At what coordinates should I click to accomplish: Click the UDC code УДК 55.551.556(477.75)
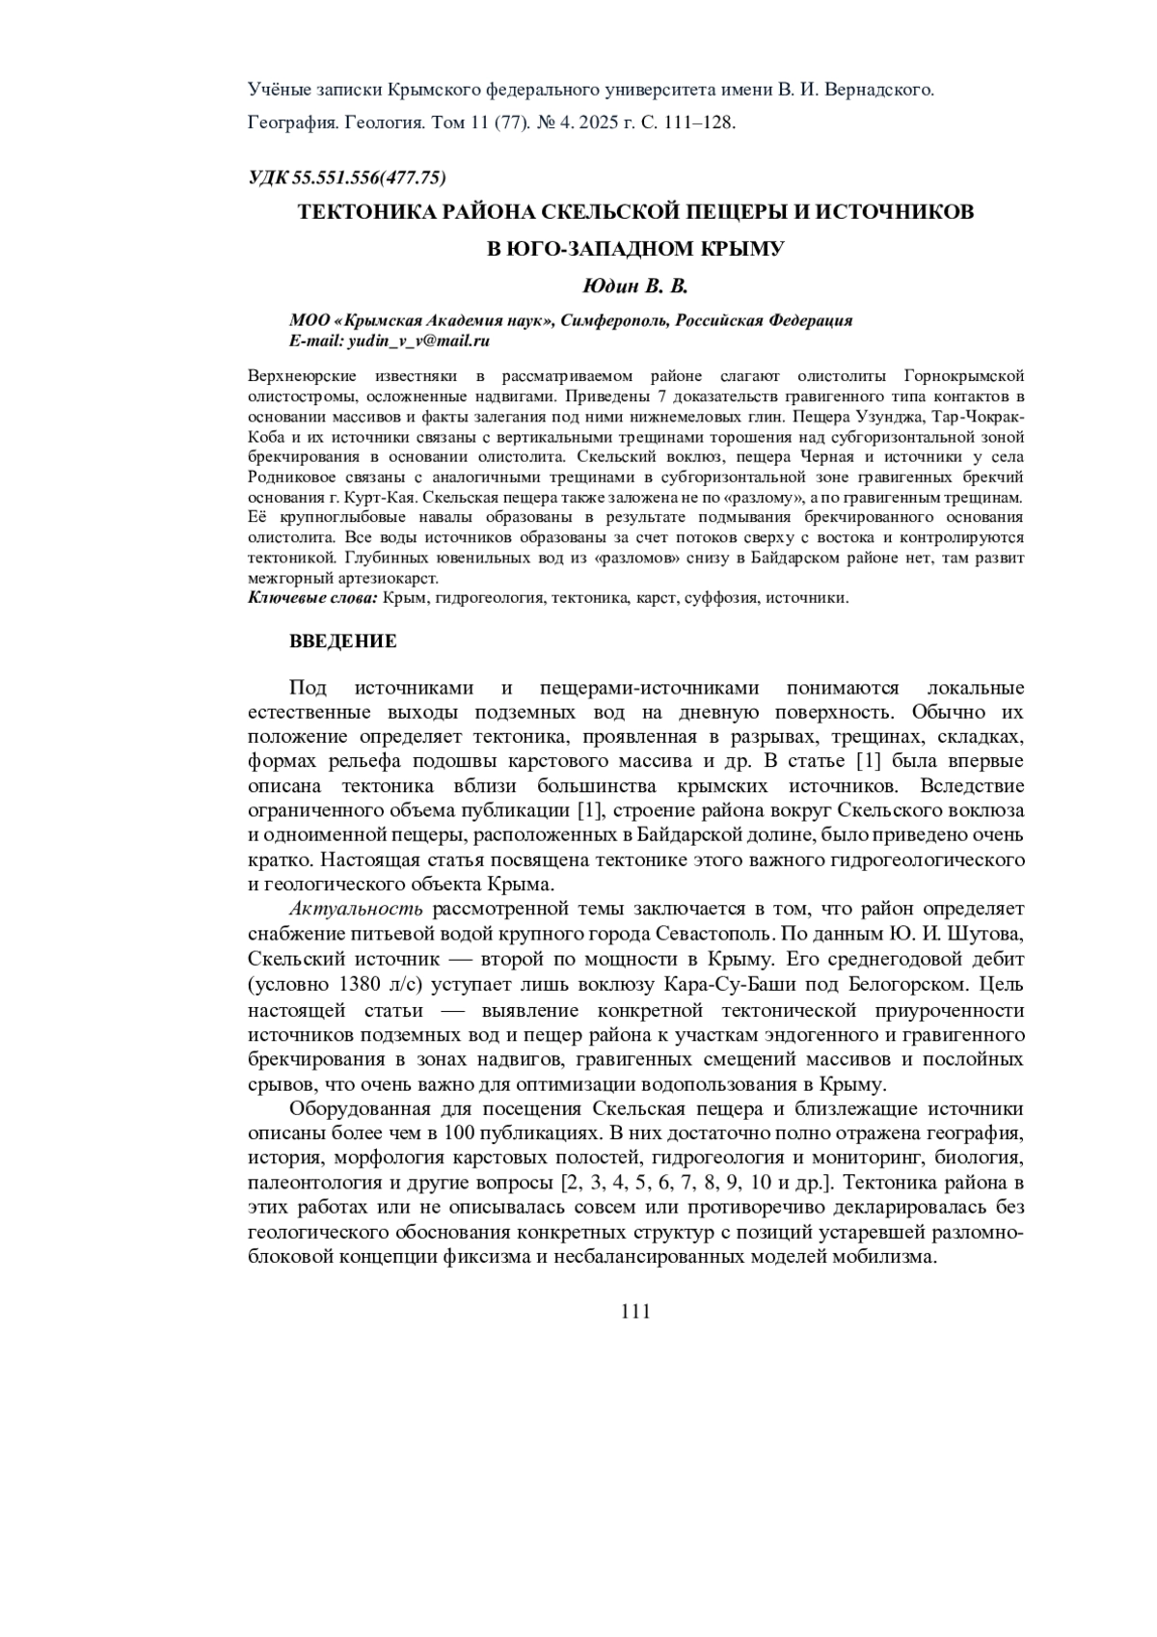coord(347,177)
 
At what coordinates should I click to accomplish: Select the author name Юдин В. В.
coord(636,287)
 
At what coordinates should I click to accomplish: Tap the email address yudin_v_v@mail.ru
coord(418,341)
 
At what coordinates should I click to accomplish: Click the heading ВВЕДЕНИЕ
coord(343,641)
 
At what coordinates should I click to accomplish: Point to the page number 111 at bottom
coord(636,1311)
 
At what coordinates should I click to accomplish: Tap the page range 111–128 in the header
coord(700,123)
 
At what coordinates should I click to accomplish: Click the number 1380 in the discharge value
coord(363,985)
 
